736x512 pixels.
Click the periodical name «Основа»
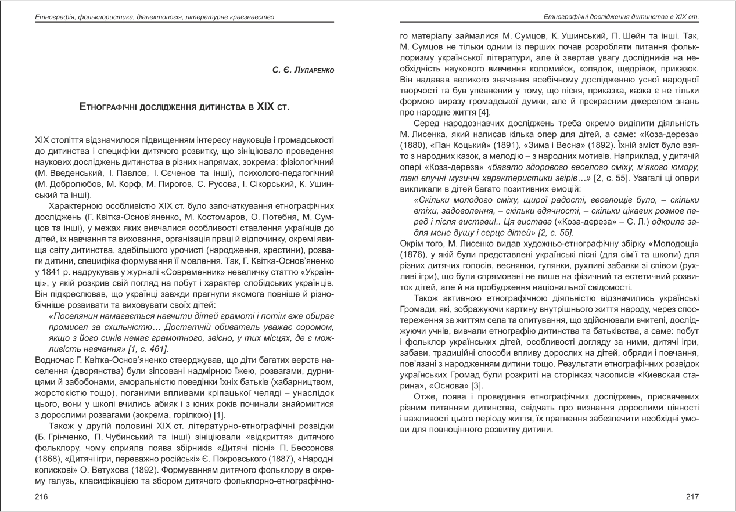click(x=444, y=386)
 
